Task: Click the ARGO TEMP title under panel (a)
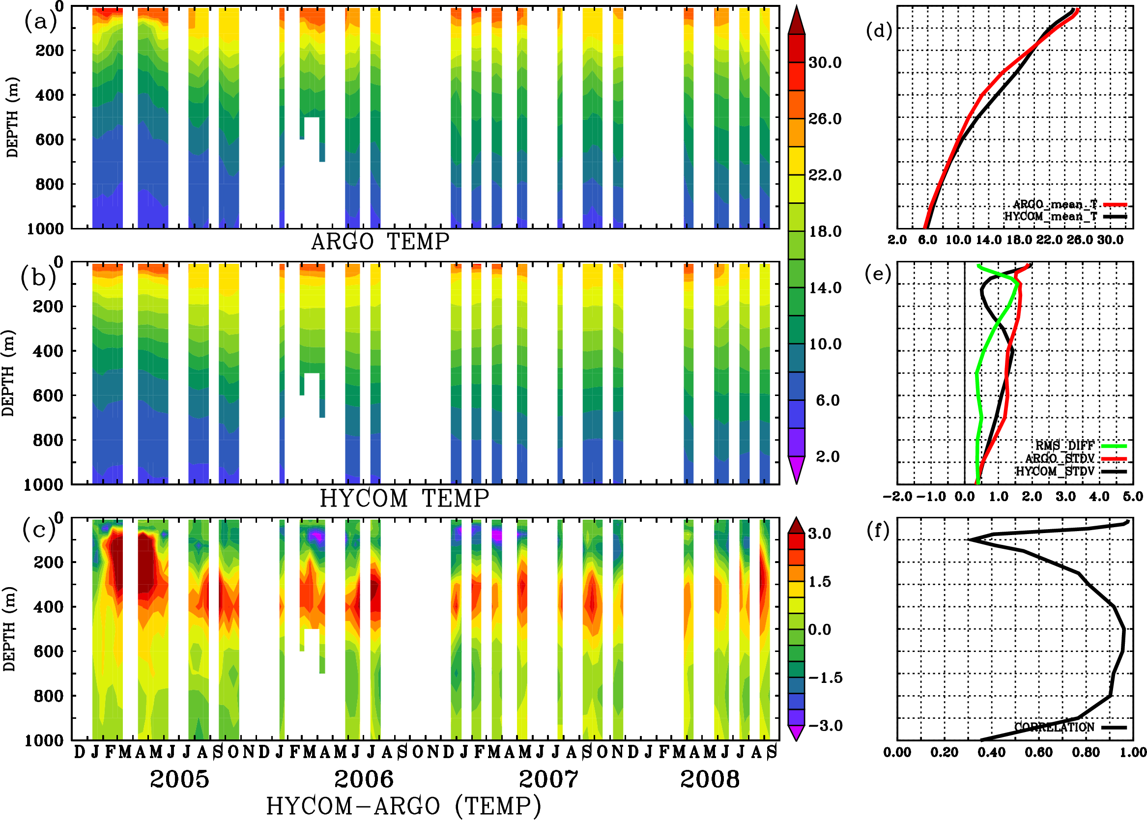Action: (380, 242)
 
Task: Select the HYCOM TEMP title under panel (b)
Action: (404, 498)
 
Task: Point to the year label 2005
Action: (179, 779)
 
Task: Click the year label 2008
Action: (710, 779)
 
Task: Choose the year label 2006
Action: (364, 779)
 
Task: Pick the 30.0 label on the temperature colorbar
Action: (825, 62)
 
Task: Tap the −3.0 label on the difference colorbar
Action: (825, 726)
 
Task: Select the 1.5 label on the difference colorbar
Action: (819, 582)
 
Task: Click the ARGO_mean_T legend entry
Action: (1055, 204)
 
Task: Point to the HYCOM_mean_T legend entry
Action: (1051, 217)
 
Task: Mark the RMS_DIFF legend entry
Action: (1064, 446)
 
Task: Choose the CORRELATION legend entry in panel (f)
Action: (1055, 728)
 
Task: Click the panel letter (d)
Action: (879, 31)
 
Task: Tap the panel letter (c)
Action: (38, 530)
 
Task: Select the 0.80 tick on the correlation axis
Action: (1087, 753)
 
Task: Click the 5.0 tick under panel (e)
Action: (1133, 497)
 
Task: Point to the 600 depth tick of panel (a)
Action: (50, 140)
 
